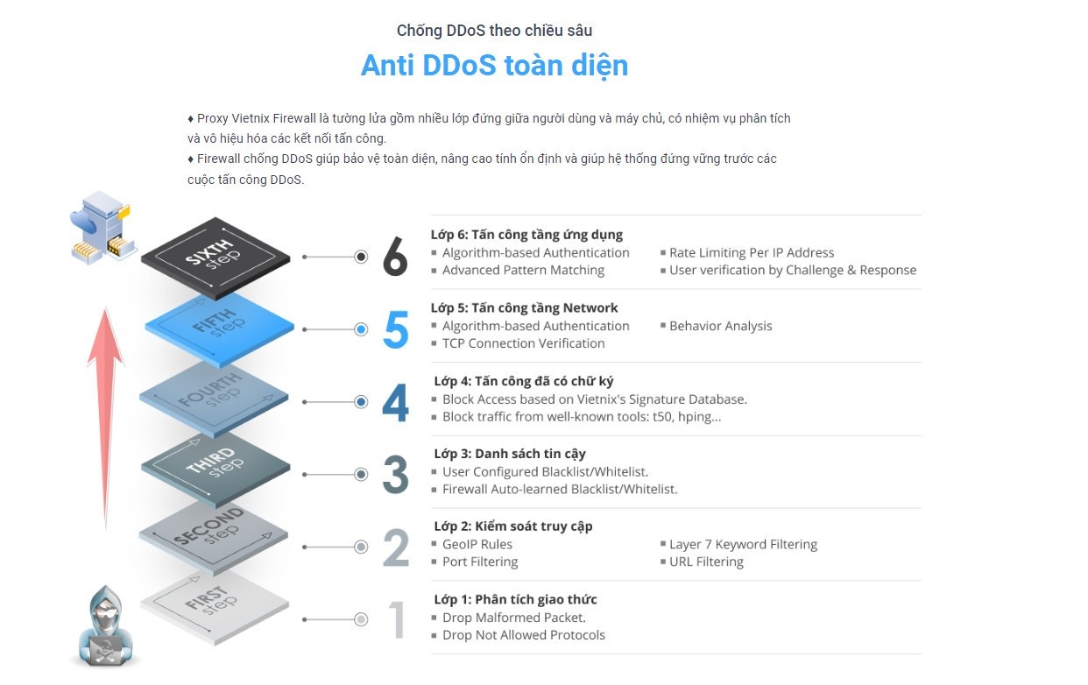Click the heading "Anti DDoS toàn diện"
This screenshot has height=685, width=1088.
pos(494,66)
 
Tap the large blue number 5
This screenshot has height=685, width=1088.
pos(396,330)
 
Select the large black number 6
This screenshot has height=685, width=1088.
pos(395,258)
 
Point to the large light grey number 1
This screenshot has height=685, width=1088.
pos(397,620)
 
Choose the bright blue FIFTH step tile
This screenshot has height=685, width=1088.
pos(219,328)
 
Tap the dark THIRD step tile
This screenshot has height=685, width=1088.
pos(215,469)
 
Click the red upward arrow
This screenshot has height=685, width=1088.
pos(106,412)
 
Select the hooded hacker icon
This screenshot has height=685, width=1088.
pos(104,627)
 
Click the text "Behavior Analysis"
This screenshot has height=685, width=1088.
pos(720,326)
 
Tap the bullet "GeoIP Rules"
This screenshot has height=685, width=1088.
pos(477,544)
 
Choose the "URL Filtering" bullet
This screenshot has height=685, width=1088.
pos(706,561)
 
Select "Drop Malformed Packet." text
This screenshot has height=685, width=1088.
pos(514,618)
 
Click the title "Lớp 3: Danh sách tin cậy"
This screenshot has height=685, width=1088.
pos(510,454)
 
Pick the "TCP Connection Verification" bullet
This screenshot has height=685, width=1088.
pos(523,343)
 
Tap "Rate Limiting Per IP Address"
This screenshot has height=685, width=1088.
pos(752,252)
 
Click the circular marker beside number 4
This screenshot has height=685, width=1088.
pos(361,402)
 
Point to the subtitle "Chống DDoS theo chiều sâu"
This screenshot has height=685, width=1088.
pos(494,31)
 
